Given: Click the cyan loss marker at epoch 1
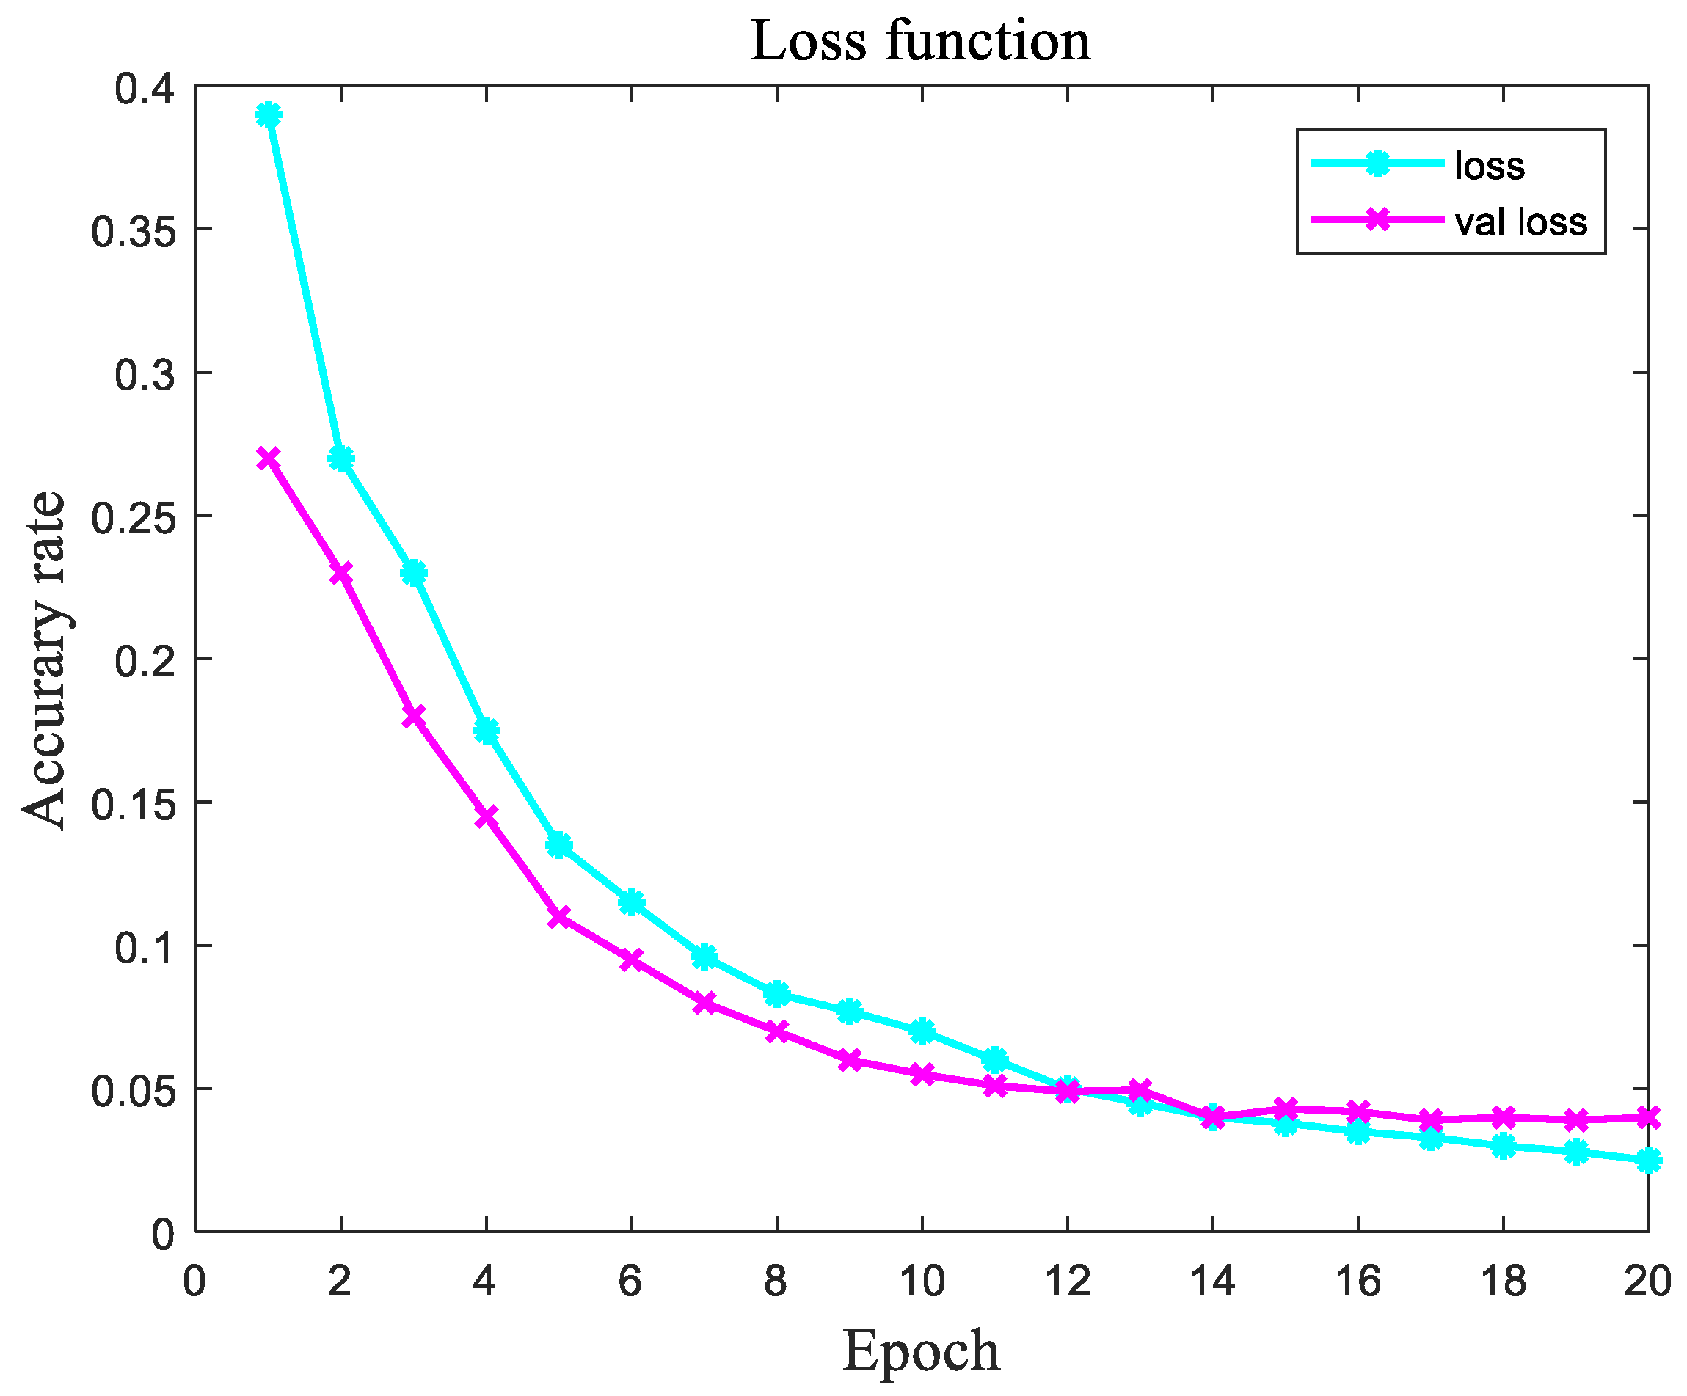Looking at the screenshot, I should [x=269, y=115].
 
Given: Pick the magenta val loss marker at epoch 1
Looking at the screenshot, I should [x=269, y=458].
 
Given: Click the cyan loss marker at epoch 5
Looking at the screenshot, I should [x=559, y=845].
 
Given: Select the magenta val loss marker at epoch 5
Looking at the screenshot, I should [x=559, y=916].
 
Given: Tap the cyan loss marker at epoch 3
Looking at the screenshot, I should [x=414, y=574].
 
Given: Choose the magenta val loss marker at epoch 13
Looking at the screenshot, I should [x=1140, y=1090].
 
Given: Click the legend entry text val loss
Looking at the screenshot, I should [x=1520, y=222].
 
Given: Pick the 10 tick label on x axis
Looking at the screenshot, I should [x=922, y=1281].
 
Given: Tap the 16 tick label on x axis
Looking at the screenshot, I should [x=1358, y=1281].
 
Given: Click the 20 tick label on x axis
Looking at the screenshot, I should [x=1647, y=1281].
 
